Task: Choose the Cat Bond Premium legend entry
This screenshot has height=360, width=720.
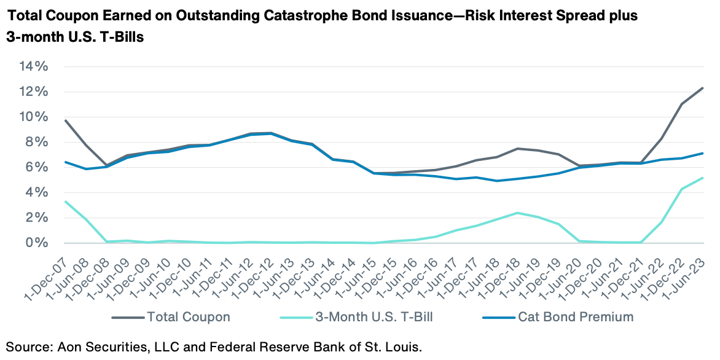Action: [x=565, y=318]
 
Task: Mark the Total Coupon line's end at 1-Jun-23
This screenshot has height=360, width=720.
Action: [x=702, y=88]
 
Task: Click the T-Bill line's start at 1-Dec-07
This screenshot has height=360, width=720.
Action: [x=65, y=202]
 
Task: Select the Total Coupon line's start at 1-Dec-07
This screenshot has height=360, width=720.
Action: [x=65, y=120]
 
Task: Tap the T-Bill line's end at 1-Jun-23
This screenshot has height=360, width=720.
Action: [x=702, y=178]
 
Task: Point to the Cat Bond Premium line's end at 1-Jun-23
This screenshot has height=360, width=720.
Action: [x=702, y=154]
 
